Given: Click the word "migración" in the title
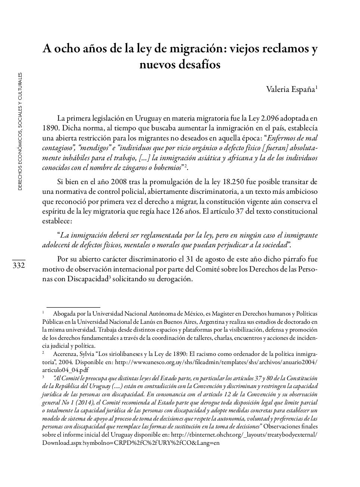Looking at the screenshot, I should [x=196, y=49].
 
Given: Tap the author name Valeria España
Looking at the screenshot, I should [x=291, y=90].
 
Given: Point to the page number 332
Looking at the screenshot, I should [x=18, y=266].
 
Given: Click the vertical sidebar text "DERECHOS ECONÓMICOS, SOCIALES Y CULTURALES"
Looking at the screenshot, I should [x=20, y=131].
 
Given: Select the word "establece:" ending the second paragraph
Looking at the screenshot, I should [x=57, y=221].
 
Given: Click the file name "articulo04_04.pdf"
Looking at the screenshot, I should [x=65, y=370].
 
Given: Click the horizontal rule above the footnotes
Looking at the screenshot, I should [x=71, y=307].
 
